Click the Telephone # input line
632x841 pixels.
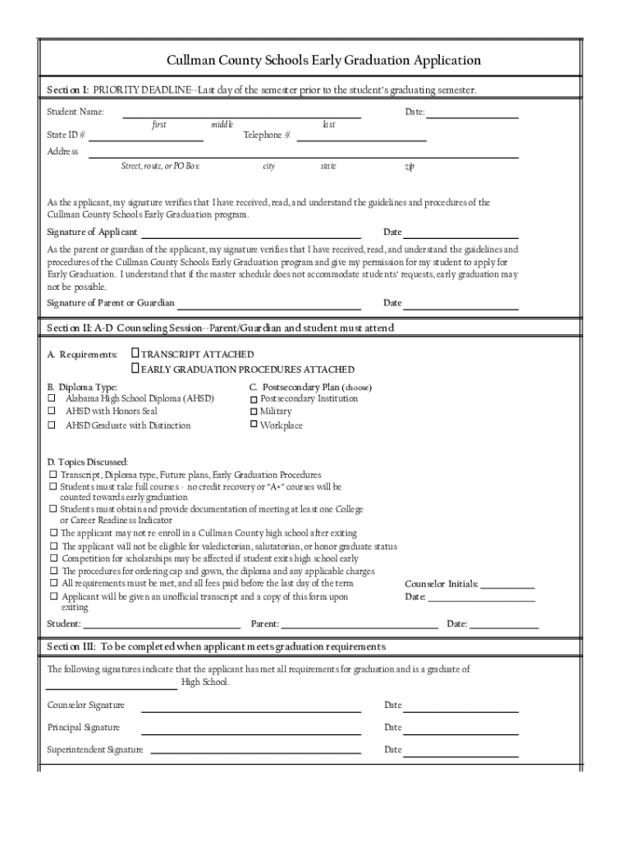pos(361,140)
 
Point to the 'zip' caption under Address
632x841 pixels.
pos(410,167)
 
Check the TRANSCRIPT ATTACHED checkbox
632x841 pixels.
pos(136,354)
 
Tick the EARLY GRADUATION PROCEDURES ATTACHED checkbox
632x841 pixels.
pos(136,369)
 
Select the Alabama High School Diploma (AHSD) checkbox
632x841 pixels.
pos(52,398)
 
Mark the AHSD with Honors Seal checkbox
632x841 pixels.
pos(52,411)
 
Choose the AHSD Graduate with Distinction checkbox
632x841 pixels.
pos(52,425)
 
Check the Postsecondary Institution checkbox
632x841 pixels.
pos(254,399)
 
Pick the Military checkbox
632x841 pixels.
pos(254,411)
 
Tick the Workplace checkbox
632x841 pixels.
pos(254,425)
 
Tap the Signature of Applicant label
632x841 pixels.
pos(92,232)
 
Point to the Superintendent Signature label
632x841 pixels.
pos(95,750)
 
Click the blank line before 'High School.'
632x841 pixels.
pos(112,687)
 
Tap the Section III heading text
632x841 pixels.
pos(217,646)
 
